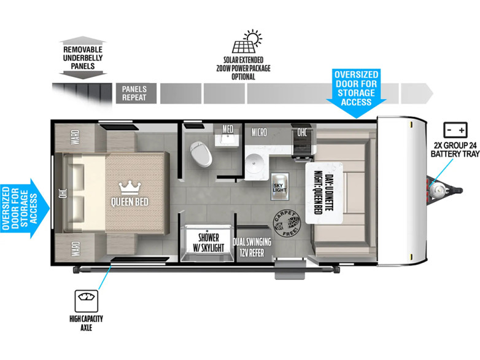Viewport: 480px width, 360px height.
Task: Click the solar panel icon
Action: point(247,42)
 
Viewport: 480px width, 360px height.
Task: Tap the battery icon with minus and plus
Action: point(455,130)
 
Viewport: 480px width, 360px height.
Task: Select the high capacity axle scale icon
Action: point(87,301)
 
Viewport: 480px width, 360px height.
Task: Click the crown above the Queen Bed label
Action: point(130,188)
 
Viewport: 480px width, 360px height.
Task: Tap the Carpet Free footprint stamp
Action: point(287,224)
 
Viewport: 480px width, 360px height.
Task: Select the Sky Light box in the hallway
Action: point(280,187)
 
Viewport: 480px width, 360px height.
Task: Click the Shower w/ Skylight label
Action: point(208,242)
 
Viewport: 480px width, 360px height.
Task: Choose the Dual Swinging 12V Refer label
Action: point(252,247)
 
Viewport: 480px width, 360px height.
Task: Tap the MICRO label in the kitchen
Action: point(259,132)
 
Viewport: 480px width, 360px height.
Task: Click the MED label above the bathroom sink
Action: point(228,129)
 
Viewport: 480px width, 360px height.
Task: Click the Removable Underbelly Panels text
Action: point(83,58)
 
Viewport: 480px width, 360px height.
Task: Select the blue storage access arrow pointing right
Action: point(25,208)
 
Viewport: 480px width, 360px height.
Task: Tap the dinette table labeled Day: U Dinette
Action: point(324,193)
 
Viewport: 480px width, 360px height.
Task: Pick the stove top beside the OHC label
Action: point(301,144)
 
